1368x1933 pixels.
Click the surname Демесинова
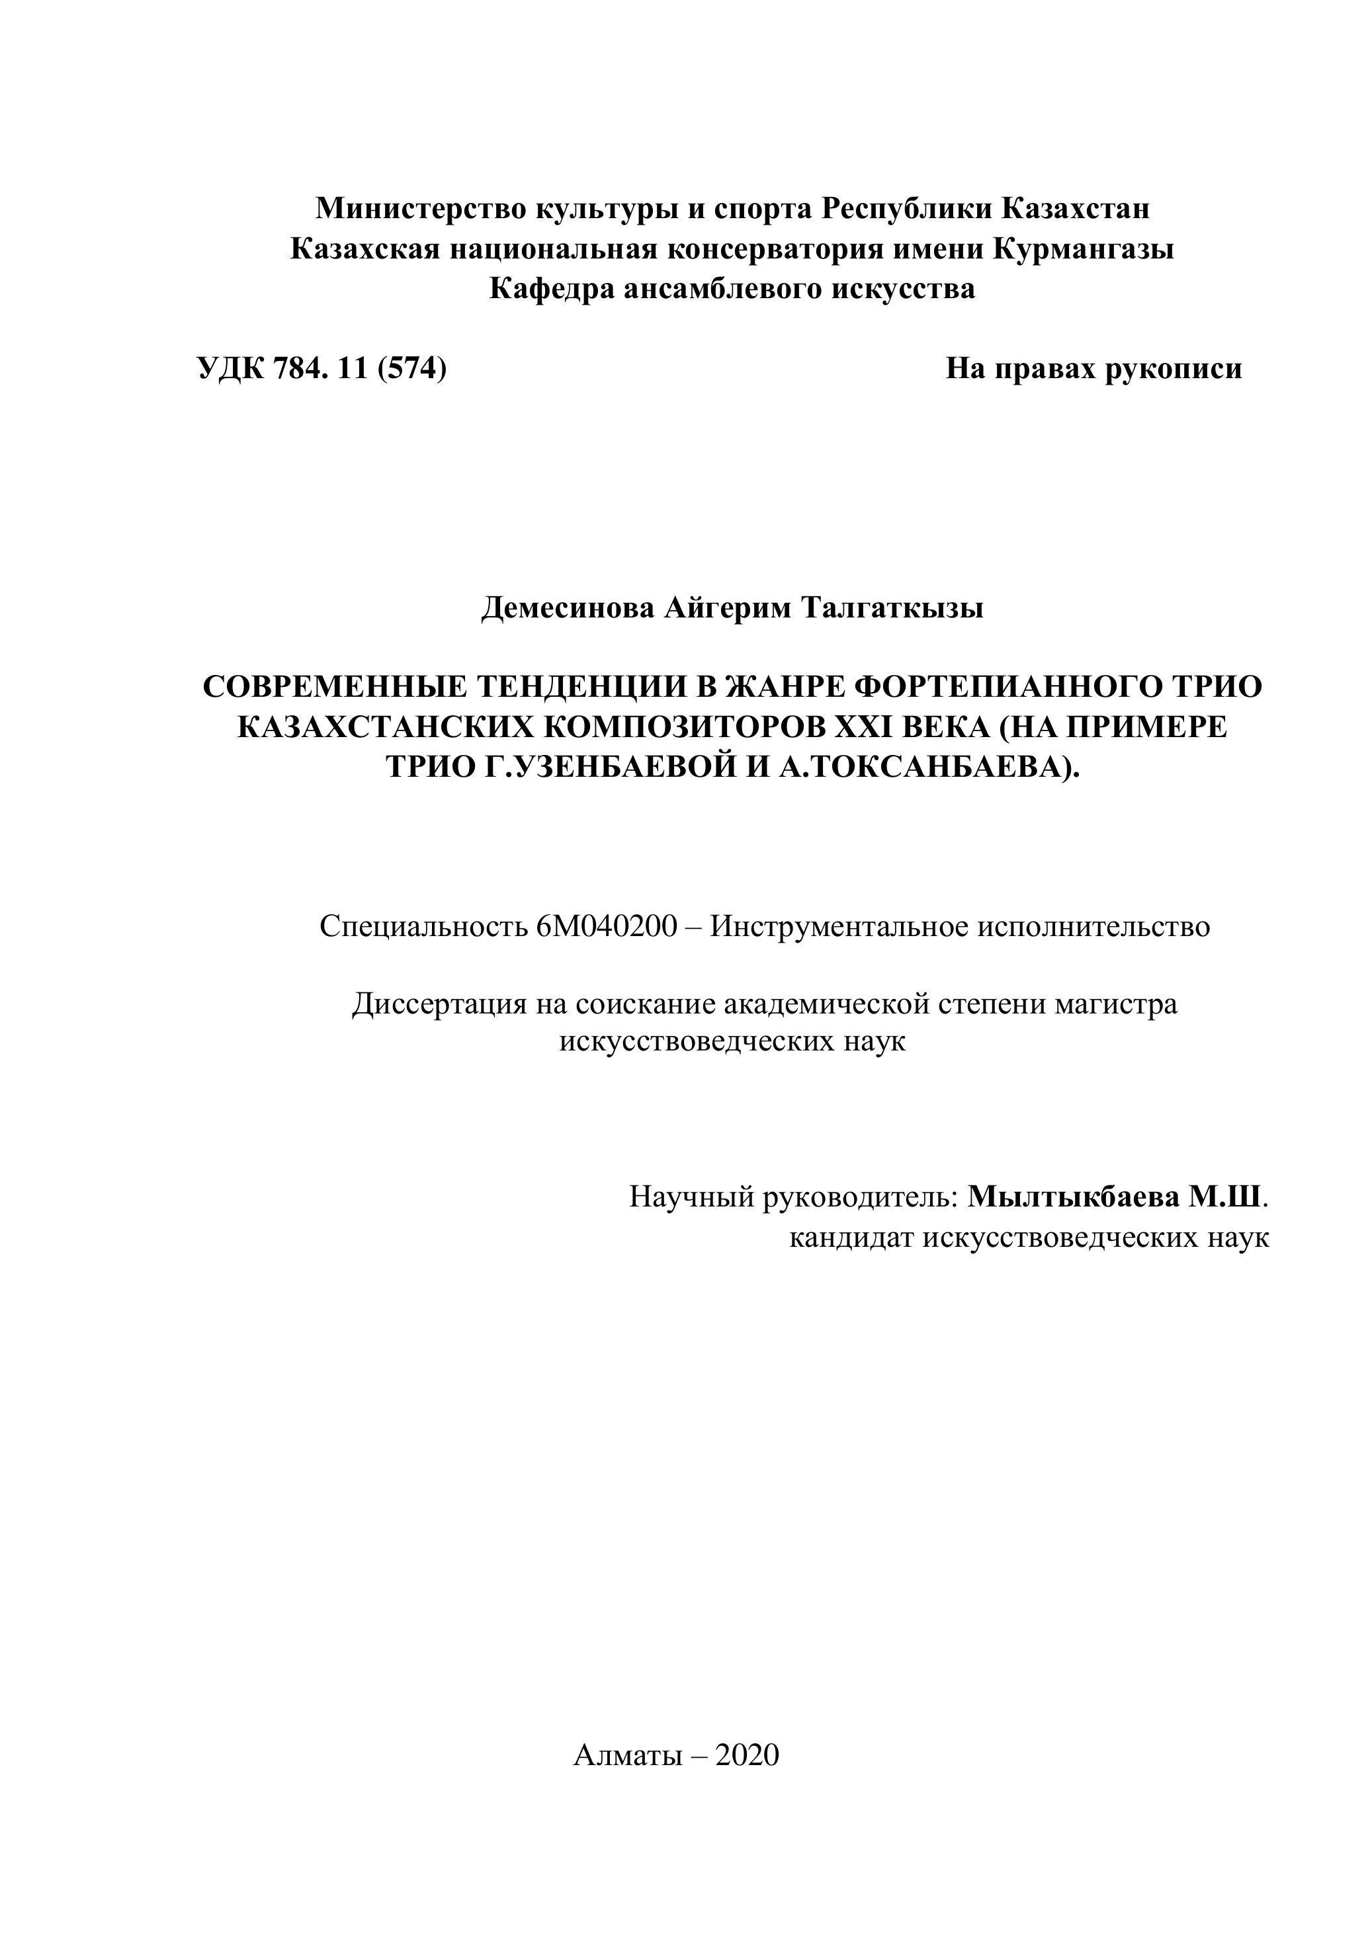(x=568, y=607)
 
